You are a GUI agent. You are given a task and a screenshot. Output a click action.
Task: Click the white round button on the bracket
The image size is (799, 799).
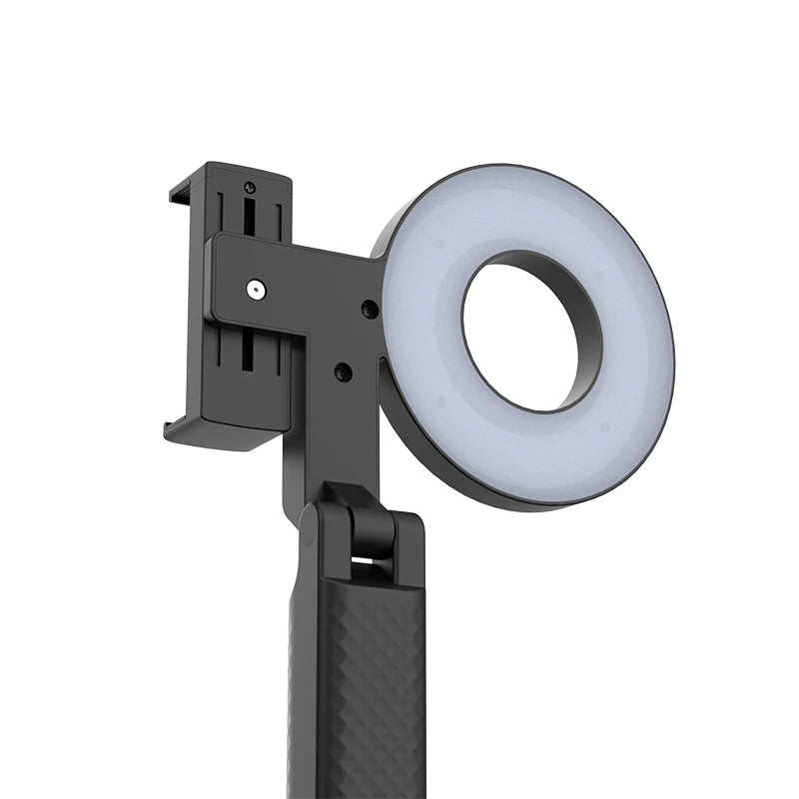256,290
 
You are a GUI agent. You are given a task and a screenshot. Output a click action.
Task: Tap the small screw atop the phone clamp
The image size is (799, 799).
249,187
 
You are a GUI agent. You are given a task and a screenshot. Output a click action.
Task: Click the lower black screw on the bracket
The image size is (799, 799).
343,372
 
